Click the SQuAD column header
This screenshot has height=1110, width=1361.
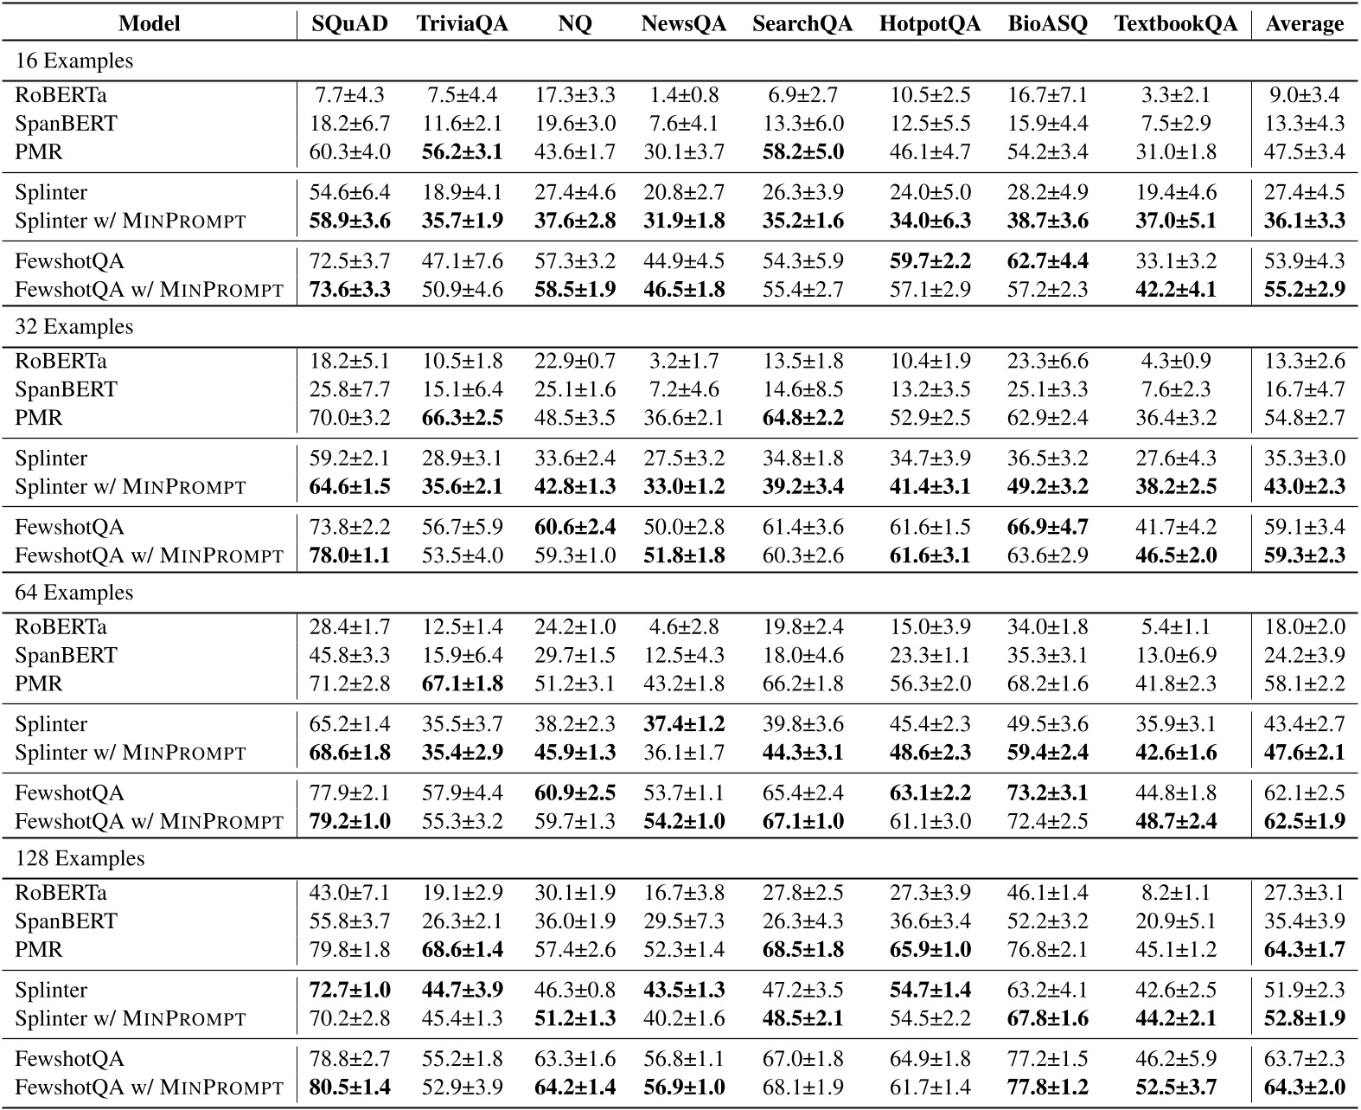tap(349, 23)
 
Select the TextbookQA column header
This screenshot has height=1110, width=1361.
tap(1175, 23)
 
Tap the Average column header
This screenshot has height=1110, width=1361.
tap(1304, 23)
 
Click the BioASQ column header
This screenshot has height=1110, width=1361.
tap(1047, 23)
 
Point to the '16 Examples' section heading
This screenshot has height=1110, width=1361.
tap(74, 61)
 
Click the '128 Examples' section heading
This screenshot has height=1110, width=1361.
tap(80, 858)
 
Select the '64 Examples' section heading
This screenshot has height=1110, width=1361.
tap(74, 593)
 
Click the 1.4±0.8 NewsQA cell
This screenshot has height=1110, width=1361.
tap(683, 95)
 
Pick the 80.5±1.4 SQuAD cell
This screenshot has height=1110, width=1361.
tap(349, 1088)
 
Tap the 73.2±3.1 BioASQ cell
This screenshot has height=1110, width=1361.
tap(1047, 793)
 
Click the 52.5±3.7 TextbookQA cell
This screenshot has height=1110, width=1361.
tap(1175, 1088)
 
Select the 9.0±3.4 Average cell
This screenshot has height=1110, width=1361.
tap(1304, 95)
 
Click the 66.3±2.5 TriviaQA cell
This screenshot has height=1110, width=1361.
tap(462, 418)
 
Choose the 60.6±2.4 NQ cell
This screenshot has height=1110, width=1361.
tap(575, 528)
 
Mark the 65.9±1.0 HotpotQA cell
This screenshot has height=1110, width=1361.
tap(930, 950)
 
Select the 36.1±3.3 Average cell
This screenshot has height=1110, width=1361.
tap(1304, 221)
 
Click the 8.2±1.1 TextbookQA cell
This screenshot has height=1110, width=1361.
tap(1175, 893)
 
